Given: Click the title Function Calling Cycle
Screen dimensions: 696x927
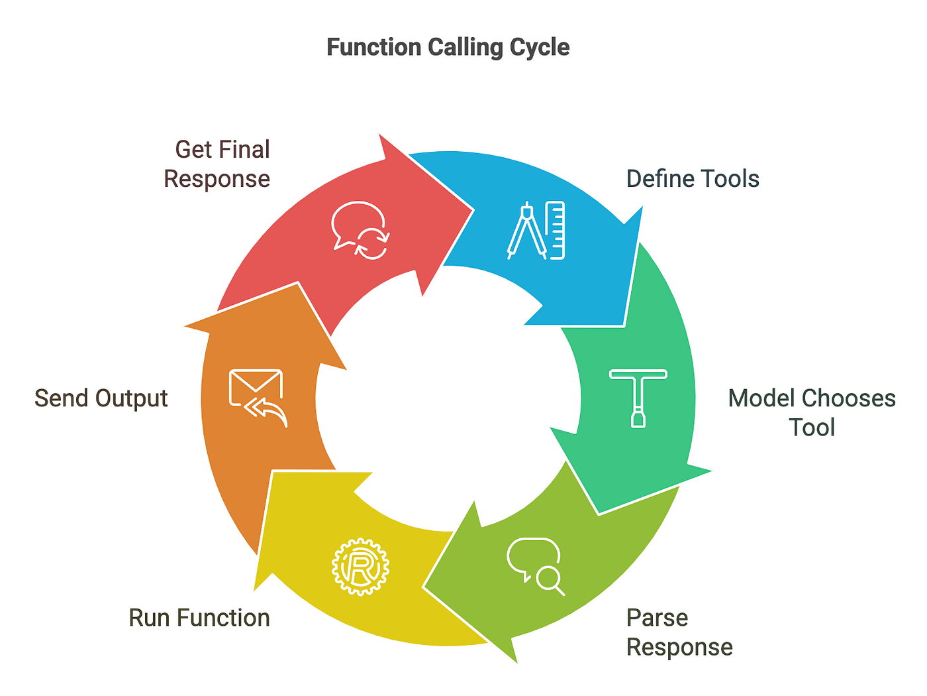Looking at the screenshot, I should pos(448,47).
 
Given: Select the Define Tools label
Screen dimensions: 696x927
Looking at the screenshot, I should pos(693,179).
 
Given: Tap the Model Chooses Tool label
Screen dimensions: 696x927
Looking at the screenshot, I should pos(811,412).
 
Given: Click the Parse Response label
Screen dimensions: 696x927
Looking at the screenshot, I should pos(679,632).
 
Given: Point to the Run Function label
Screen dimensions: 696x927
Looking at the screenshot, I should pos(199,618).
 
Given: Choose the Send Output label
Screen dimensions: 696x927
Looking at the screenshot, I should pos(101,398).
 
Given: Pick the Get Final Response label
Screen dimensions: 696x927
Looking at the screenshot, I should pos(217,164).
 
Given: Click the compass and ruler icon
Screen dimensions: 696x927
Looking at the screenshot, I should pos(536,230).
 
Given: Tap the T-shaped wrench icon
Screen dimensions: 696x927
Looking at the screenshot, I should pos(638,398).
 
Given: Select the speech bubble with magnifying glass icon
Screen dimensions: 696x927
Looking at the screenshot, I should pos(536,565).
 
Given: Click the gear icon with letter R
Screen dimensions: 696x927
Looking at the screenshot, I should pos(360,567).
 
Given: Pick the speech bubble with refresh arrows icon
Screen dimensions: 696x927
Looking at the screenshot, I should pos(360,230).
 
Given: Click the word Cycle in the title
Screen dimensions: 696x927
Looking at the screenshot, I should pos(539,47).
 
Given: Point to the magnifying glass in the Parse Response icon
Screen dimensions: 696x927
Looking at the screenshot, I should pos(550,580).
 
